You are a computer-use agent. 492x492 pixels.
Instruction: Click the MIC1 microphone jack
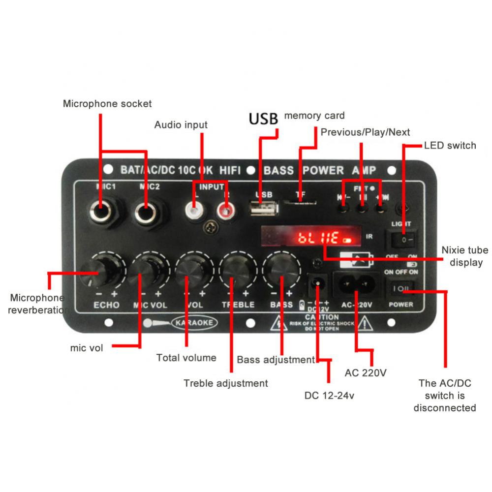tap(101, 213)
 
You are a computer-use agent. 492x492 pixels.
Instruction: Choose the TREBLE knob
tap(238, 270)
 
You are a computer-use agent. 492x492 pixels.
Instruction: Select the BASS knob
tap(281, 270)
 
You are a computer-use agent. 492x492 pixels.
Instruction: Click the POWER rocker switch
tap(401, 288)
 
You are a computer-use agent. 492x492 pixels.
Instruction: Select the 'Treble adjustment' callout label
tap(226, 383)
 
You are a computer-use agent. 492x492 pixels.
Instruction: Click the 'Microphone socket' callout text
tap(107, 104)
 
